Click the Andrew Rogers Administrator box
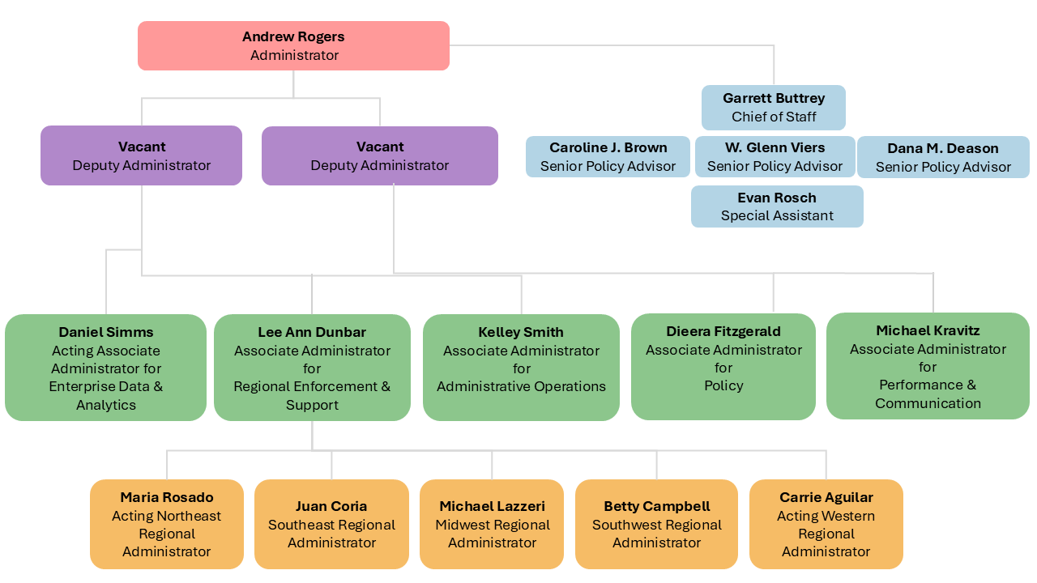point(293,46)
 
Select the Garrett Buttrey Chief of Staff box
point(773,108)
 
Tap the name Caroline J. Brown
point(608,147)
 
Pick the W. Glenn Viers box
point(775,157)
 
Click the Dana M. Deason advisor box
point(943,158)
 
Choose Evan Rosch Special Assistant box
point(777,206)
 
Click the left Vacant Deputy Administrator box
point(141,155)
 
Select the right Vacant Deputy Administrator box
point(379,155)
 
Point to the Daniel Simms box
point(105,368)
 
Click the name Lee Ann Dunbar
point(312,332)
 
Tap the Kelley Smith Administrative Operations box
point(521,368)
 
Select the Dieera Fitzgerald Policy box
point(723,367)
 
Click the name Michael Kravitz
point(928,330)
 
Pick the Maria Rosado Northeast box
point(166,524)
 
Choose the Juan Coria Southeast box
point(331,524)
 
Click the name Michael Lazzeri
point(492,506)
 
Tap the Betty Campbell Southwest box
point(656,524)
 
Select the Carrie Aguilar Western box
point(826,524)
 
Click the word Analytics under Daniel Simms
point(105,405)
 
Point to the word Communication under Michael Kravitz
point(928,403)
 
